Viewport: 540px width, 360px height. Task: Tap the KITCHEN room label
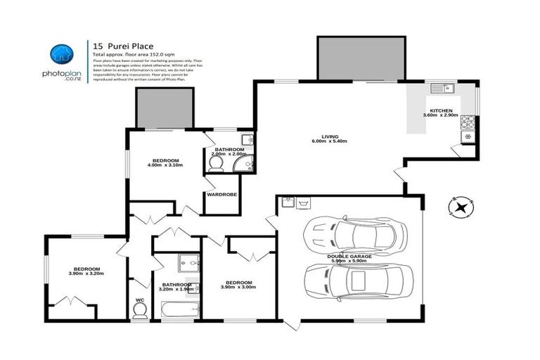[440, 110]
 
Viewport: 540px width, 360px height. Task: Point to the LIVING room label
[330, 136]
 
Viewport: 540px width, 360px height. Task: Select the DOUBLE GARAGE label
[349, 257]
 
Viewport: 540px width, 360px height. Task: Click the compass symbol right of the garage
[461, 207]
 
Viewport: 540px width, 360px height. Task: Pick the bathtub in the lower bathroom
[179, 308]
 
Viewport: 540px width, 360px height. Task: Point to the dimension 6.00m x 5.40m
[330, 141]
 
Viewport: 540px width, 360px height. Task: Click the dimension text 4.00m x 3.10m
[165, 165]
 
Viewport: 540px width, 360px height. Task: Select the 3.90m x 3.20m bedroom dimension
[88, 274]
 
